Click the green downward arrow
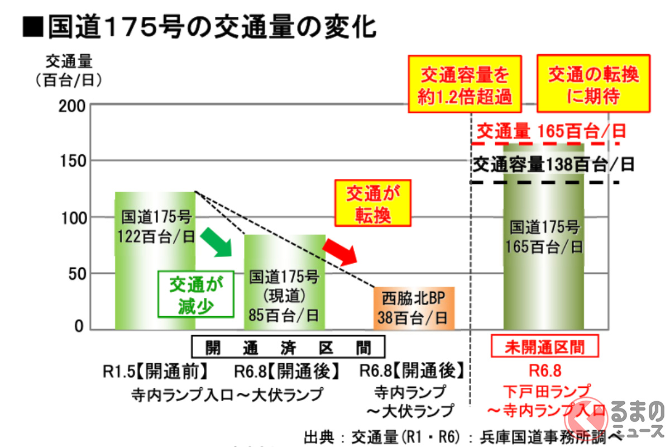[x=216, y=241]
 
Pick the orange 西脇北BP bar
[x=414, y=308]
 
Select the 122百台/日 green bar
[x=155, y=260]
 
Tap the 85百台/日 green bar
[x=285, y=282]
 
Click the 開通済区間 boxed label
[x=288, y=348]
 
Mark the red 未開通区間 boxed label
[x=544, y=347]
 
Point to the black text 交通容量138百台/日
[x=553, y=164]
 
